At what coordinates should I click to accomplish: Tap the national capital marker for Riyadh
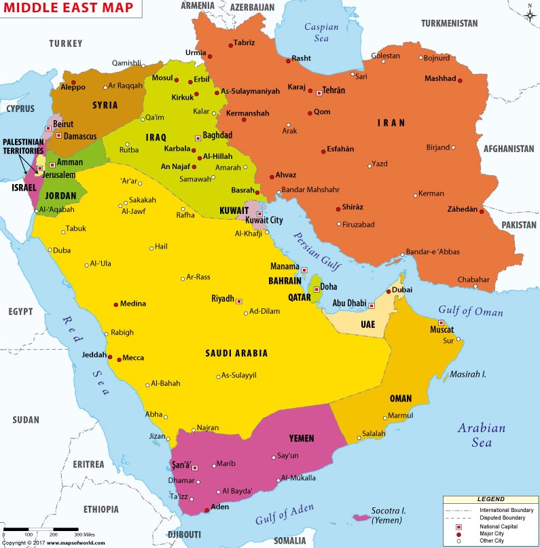(238, 300)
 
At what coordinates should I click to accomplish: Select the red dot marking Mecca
(120, 358)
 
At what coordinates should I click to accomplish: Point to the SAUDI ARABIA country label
(236, 353)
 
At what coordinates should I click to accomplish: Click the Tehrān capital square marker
(319, 92)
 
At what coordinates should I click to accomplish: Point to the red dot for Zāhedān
(482, 211)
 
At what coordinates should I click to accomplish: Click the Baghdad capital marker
(198, 136)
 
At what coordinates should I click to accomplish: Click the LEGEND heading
(490, 499)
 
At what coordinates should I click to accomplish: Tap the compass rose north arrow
(529, 12)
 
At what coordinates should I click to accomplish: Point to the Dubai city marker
(389, 291)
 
